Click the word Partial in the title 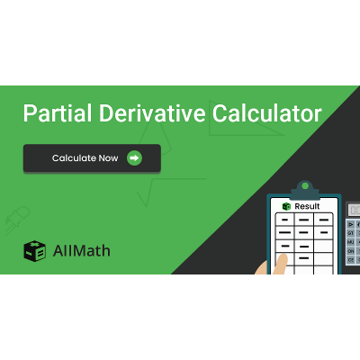(x=50, y=114)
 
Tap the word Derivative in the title (x=143, y=114)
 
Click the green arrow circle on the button (x=134, y=158)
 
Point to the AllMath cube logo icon (x=34, y=251)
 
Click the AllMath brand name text (x=81, y=251)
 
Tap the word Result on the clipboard (x=307, y=206)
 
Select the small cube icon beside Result (x=286, y=206)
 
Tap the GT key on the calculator (x=350, y=233)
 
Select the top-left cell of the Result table (x=283, y=219)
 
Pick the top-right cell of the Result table (x=325, y=219)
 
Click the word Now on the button (x=108, y=158)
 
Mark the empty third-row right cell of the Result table (x=325, y=245)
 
